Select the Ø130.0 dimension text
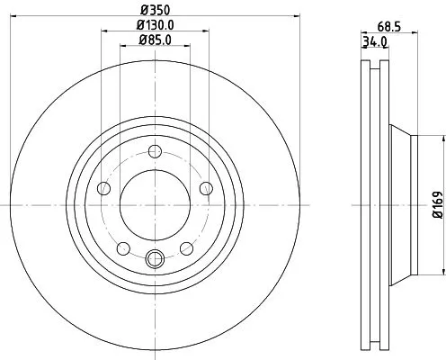[x=155, y=26]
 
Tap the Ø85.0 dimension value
[x=155, y=40]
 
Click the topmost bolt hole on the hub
[x=155, y=150]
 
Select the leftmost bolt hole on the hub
[x=103, y=188]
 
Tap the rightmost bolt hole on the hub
[x=206, y=188]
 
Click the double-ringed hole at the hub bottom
[x=155, y=260]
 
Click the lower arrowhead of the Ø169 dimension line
[x=442, y=273]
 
